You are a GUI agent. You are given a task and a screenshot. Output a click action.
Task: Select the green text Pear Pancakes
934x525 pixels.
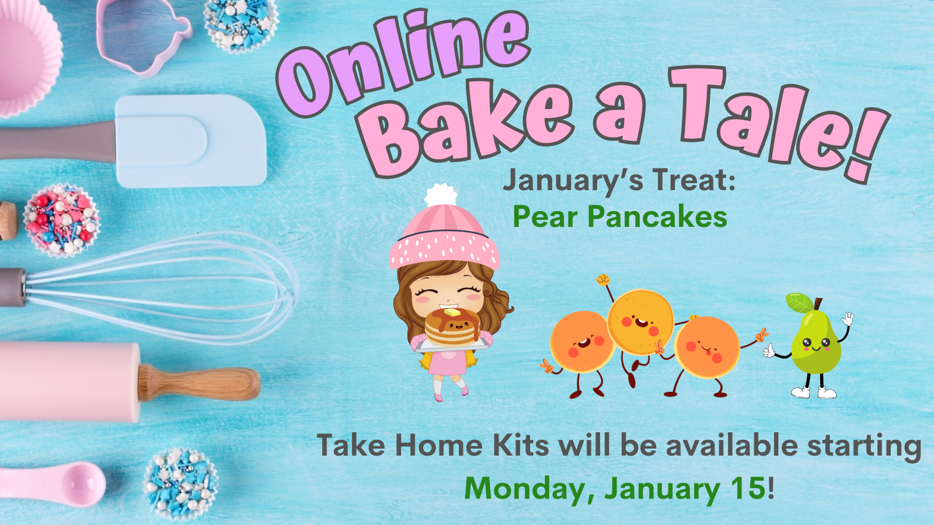[620, 217]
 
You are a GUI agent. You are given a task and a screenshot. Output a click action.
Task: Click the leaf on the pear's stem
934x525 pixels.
[799, 303]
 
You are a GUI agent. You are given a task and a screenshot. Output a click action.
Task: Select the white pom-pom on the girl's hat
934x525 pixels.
[441, 195]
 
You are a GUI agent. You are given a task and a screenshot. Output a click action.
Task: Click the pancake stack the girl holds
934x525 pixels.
[453, 327]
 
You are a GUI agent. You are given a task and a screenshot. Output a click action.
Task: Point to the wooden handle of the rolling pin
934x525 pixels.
[199, 383]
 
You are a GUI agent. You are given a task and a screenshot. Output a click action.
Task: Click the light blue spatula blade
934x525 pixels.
[190, 141]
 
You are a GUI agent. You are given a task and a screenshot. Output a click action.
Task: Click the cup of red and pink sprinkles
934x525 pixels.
[62, 220]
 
